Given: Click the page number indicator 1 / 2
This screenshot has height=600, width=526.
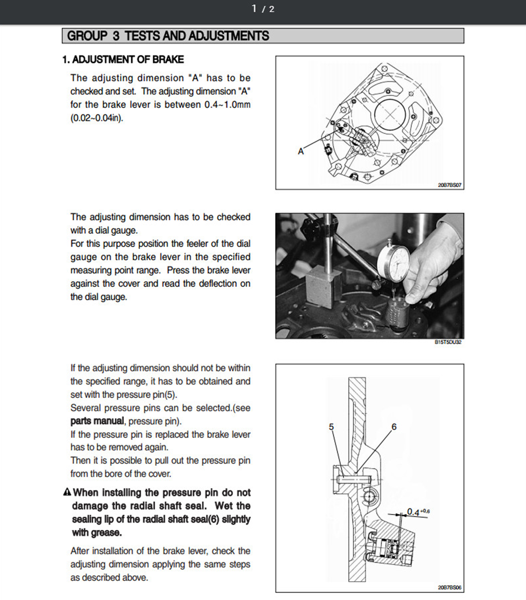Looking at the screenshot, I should (263, 9).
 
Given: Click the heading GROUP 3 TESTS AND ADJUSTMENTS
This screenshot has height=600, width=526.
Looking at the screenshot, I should (168, 36).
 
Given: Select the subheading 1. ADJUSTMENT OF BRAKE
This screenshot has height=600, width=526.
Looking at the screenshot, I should (123, 60).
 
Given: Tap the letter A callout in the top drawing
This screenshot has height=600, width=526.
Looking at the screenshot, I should (301, 151).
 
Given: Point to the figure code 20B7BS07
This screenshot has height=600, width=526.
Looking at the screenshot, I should (449, 185).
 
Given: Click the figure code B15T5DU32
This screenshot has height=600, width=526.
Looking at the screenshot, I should (448, 342).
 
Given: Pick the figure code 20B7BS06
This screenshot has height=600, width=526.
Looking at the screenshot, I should (449, 587).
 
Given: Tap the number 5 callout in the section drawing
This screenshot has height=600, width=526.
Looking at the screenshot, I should (331, 427).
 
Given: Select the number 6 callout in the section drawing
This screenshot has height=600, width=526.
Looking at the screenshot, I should (394, 427).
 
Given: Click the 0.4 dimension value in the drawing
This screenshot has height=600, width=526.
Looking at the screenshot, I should (413, 512).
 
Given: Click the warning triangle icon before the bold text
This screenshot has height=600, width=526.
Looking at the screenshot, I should (67, 492).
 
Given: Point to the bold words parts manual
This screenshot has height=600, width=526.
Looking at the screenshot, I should (97, 421).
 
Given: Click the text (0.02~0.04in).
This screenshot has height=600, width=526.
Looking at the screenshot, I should (97, 118).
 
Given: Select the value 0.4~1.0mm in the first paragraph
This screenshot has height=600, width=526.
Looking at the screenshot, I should (227, 105).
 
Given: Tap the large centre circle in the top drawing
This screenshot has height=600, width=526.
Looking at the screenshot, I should (390, 114).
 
